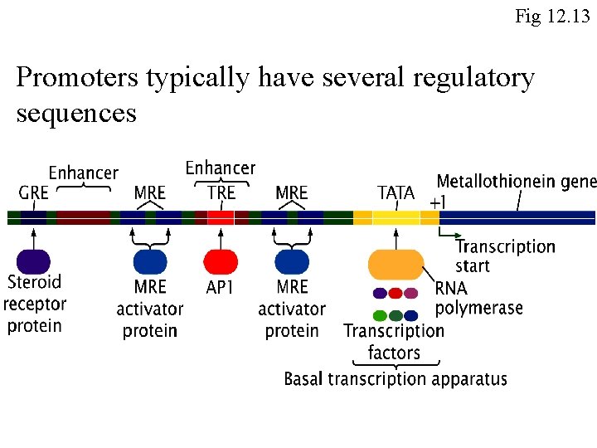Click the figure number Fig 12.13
point(552,16)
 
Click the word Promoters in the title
point(77,78)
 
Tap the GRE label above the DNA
point(33,193)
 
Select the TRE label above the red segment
point(221,193)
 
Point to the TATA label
point(396,193)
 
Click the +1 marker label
point(437,202)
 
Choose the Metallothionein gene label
point(516,182)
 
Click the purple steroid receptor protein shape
point(33,262)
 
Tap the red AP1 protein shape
point(221,262)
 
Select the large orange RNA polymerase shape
point(396,265)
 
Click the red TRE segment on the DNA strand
point(221,217)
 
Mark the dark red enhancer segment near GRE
point(83,217)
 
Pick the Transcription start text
point(504,256)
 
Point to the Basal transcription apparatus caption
point(396,380)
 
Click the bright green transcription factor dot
point(380,315)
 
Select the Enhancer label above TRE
point(221,168)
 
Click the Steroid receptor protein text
point(34,304)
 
